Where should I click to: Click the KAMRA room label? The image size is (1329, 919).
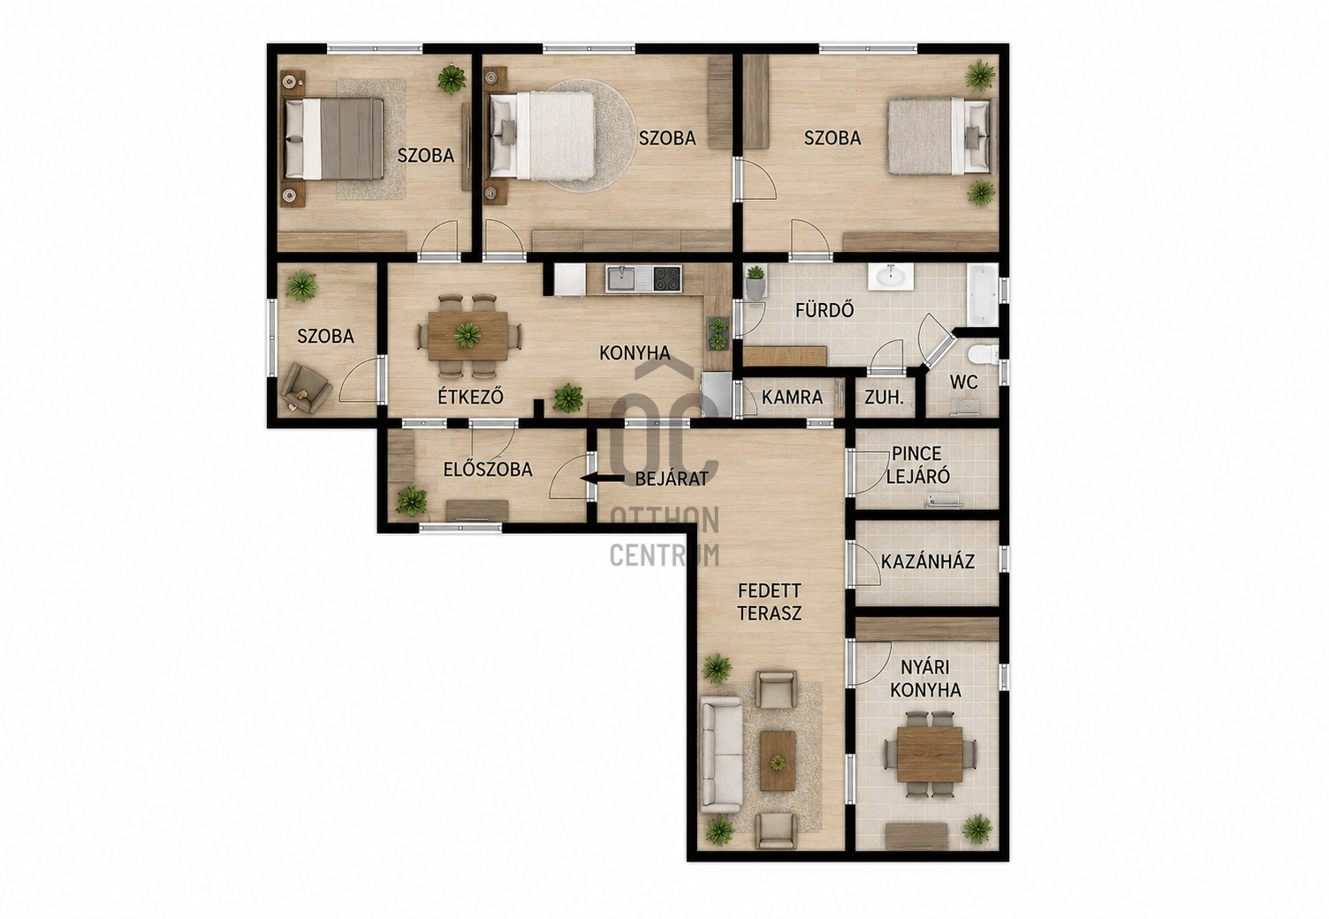tap(792, 397)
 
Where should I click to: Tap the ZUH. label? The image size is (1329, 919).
tap(884, 397)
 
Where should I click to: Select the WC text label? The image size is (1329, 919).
tap(963, 382)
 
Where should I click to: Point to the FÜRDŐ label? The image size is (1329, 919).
tap(825, 309)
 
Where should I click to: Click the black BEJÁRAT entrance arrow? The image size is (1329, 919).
tap(602, 478)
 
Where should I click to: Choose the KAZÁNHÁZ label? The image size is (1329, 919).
tap(928, 561)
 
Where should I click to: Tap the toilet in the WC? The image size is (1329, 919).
tap(982, 355)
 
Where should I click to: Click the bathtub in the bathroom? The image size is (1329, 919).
tap(983, 295)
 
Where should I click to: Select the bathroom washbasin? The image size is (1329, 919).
tap(890, 277)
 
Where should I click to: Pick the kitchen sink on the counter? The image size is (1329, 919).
tap(628, 278)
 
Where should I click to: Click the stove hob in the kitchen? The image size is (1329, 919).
tap(667, 278)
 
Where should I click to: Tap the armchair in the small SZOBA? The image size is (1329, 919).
tap(306, 388)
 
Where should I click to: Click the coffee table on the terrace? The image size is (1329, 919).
tap(777, 760)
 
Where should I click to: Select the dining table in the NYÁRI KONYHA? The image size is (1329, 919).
tap(930, 754)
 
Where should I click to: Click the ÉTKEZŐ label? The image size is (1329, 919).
tap(471, 396)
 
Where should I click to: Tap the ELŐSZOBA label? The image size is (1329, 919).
tap(487, 470)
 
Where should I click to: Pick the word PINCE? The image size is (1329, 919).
tap(917, 454)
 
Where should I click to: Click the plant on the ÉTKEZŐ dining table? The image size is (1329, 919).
tap(467, 335)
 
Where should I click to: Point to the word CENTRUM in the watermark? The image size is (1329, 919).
tap(664, 555)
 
